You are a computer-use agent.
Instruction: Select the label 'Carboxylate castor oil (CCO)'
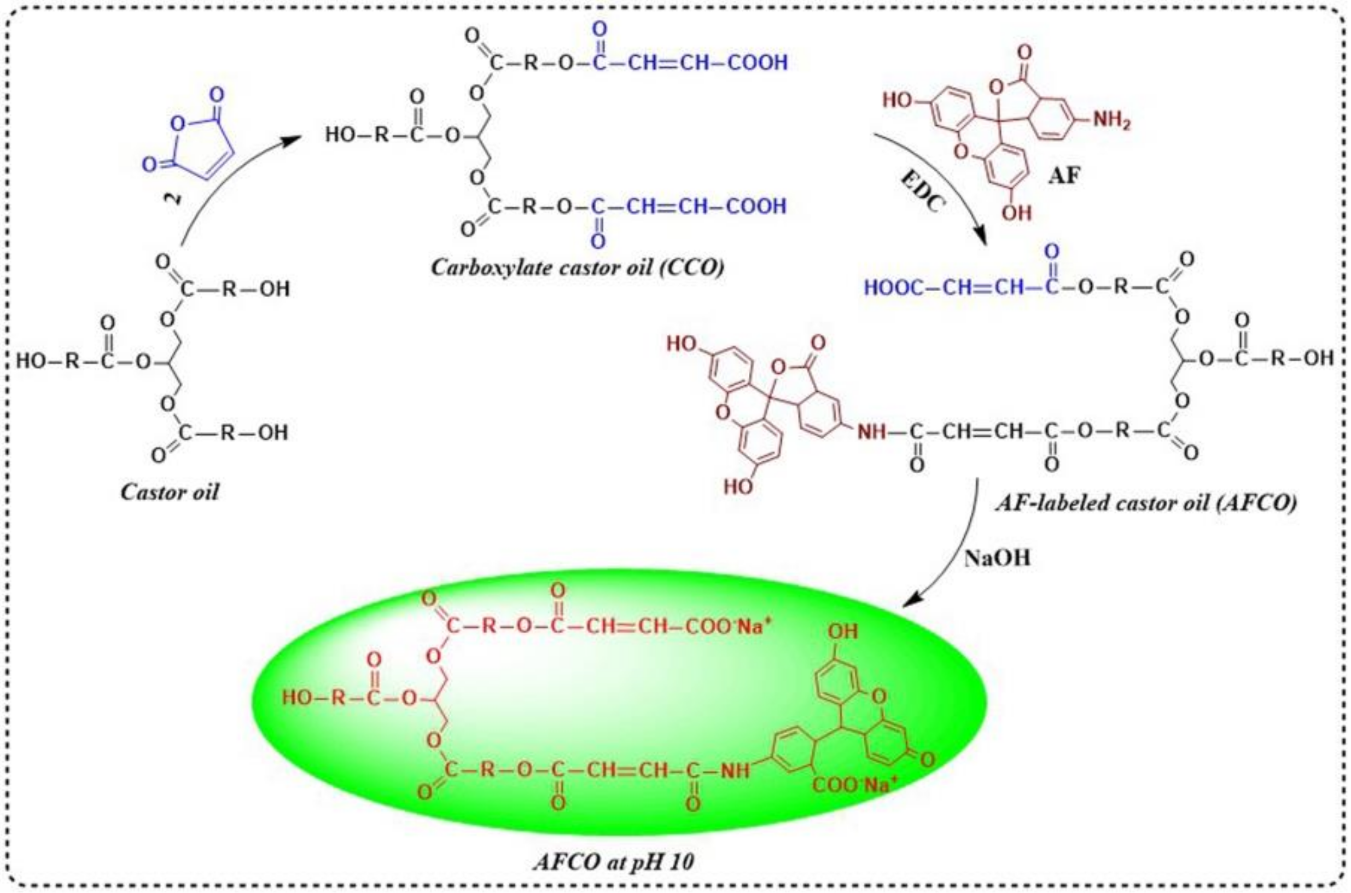[577, 267]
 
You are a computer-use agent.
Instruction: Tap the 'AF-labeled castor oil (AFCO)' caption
[1145, 503]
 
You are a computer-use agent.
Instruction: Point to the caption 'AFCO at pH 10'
[614, 862]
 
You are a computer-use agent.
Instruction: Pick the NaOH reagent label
[997, 558]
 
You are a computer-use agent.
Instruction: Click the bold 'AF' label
[1063, 176]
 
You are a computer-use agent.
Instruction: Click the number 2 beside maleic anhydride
[176, 198]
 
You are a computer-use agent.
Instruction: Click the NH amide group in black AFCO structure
[872, 432]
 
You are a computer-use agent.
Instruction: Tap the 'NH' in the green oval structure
[735, 771]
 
